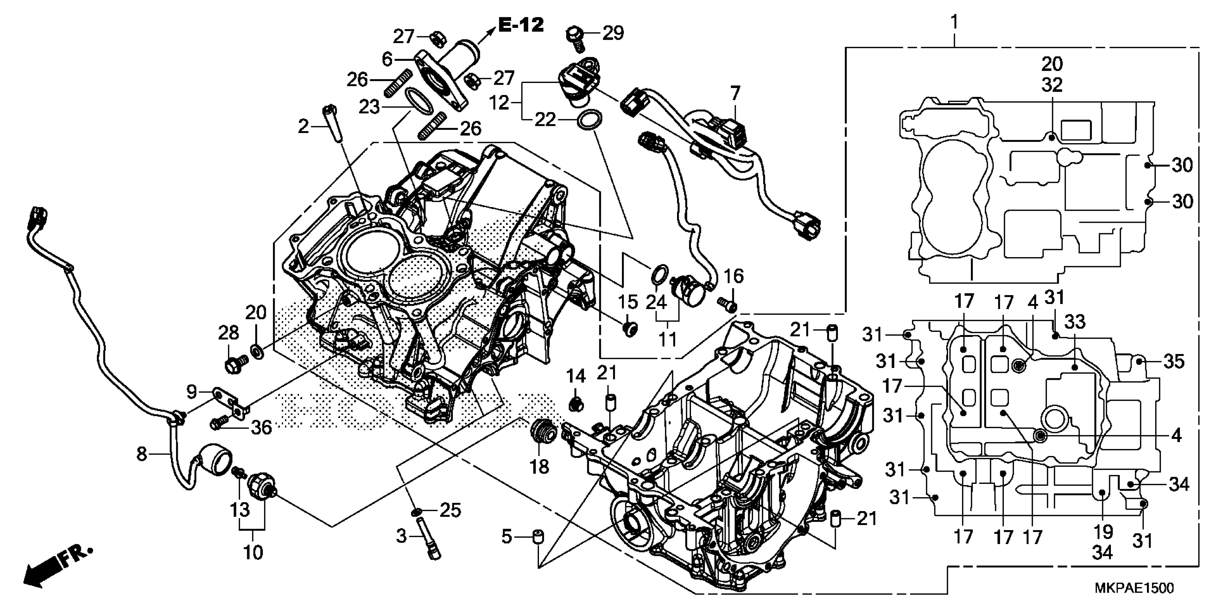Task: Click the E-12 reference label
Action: tap(521, 25)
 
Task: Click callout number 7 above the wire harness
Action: tap(735, 93)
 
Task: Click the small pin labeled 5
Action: tap(538, 537)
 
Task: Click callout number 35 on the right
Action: tap(1174, 361)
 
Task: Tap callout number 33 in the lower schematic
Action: tap(1075, 322)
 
